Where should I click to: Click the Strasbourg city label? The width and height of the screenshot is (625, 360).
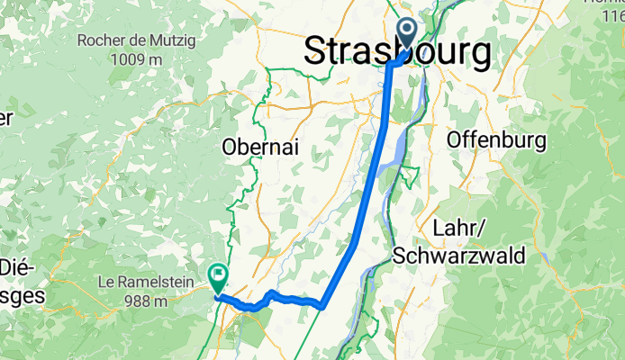(397, 51)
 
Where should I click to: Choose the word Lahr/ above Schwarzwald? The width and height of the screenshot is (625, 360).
(457, 227)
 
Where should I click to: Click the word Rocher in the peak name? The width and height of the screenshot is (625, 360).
(104, 40)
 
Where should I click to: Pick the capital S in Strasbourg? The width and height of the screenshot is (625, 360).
(315, 51)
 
